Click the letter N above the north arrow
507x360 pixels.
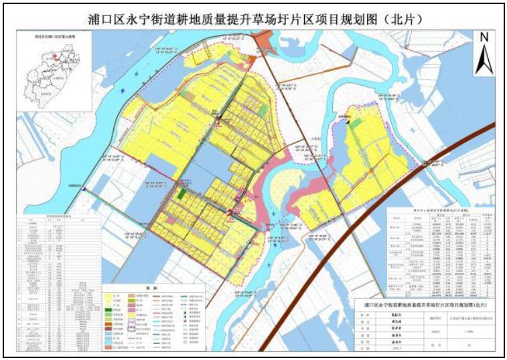coord(484,38)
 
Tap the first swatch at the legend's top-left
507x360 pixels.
coord(111,294)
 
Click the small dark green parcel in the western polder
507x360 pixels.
coord(182,193)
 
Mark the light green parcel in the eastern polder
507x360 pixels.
coord(354,124)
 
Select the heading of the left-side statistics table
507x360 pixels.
coord(50,216)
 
